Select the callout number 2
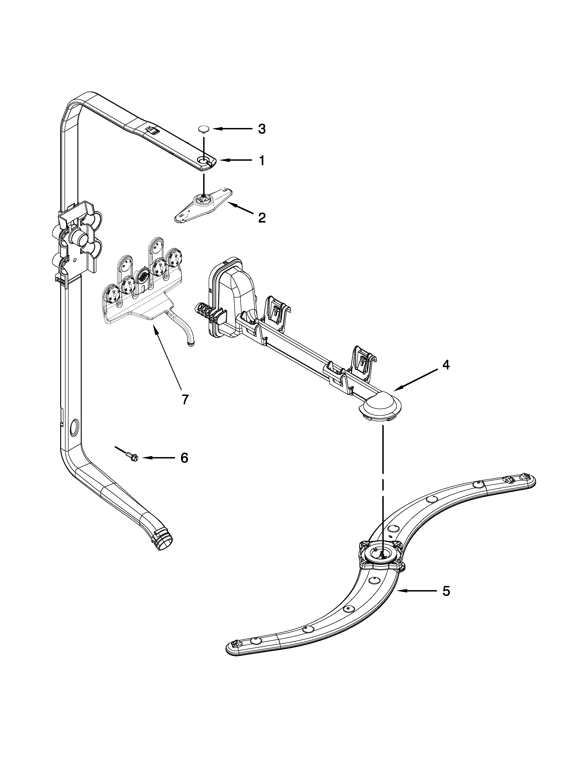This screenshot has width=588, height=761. [x=262, y=218]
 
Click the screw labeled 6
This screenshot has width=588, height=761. [x=132, y=456]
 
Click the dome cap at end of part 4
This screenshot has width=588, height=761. [x=380, y=406]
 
